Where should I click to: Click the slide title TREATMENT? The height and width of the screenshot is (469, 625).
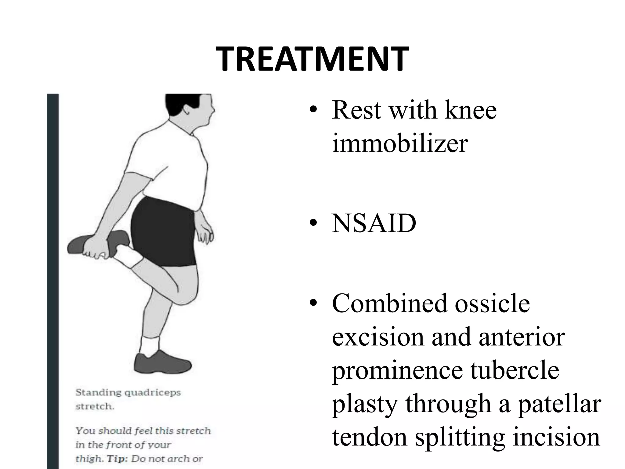pyautogui.click(x=312, y=60)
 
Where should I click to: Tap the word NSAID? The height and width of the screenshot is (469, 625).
pyautogui.click(x=374, y=223)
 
